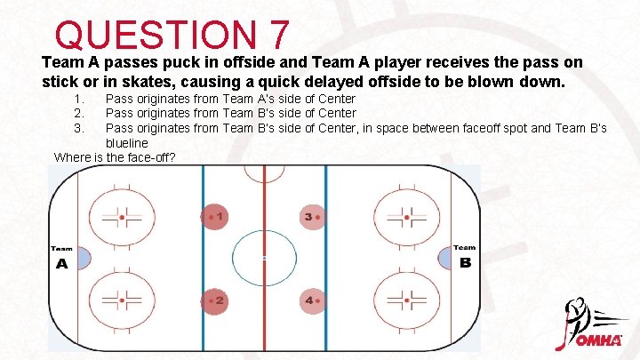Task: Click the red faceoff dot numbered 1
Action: click(212, 216)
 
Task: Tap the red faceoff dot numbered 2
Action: click(212, 300)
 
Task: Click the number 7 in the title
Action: click(276, 35)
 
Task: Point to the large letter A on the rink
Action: click(61, 264)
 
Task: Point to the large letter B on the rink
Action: click(465, 263)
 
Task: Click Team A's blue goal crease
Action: click(83, 259)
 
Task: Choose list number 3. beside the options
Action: click(80, 128)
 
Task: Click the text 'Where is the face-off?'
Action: click(115, 157)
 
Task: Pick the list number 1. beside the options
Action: click(80, 99)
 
